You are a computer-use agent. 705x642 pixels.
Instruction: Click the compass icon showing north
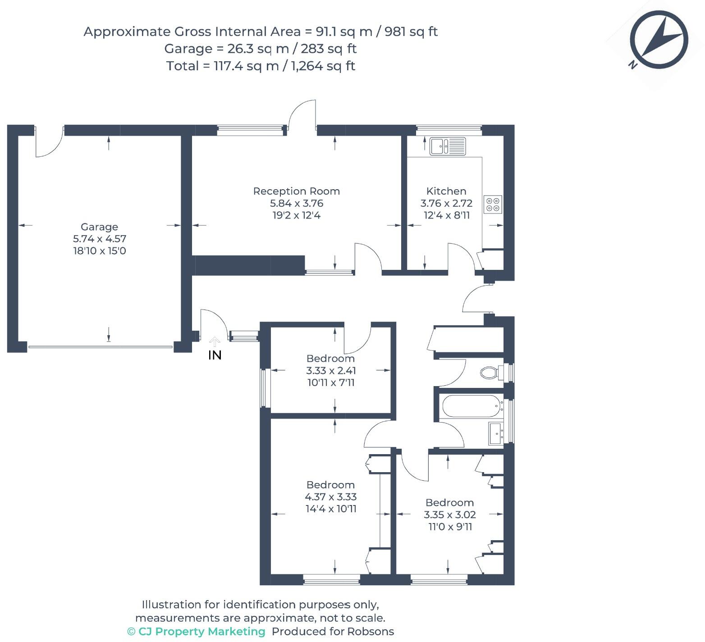(659, 41)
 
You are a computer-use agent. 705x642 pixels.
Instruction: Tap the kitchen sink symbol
(447, 146)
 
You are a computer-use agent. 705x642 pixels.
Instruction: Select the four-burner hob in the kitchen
(493, 204)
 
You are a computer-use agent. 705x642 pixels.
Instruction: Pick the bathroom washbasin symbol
(496, 433)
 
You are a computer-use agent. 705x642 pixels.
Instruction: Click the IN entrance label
(215, 355)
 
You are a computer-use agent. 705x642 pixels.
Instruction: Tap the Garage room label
(99, 227)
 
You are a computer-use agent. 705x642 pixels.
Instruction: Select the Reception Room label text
(296, 191)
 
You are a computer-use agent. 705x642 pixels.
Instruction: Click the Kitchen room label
(446, 191)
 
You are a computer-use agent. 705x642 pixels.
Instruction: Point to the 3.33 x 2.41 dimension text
(331, 371)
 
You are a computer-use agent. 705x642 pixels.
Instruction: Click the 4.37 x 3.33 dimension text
(331, 497)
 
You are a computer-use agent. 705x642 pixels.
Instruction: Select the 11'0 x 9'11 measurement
(450, 527)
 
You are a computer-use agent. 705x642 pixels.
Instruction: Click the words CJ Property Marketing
(201, 632)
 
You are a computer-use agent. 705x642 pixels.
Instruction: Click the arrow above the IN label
(215, 341)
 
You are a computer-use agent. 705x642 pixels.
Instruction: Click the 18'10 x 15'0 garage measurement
(100, 251)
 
